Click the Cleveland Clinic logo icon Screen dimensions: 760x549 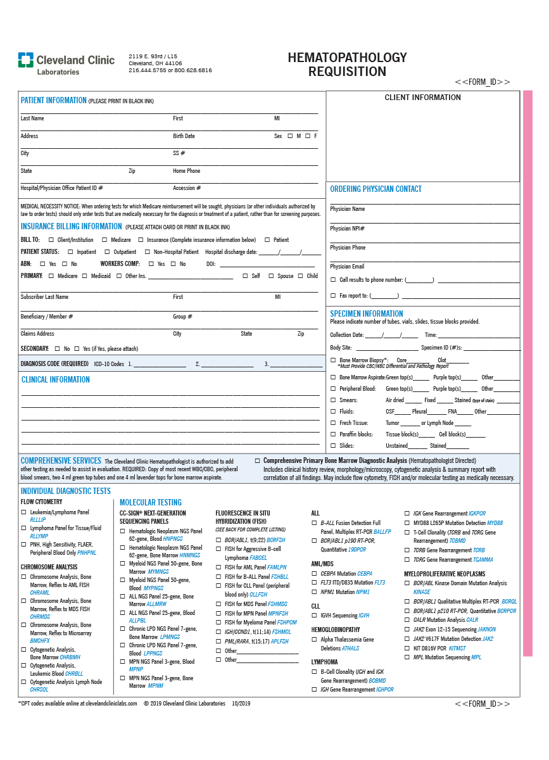[x=25, y=60]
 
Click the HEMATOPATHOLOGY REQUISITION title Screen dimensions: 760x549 [x=347, y=65]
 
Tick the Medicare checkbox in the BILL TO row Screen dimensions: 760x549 [x=105, y=240]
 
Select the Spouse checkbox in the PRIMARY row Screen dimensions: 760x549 [x=271, y=276]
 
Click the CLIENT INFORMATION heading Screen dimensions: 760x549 [x=422, y=98]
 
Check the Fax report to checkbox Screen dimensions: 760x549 [x=334, y=296]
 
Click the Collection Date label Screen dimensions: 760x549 [x=346, y=335]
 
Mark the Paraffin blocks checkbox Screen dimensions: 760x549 [x=334, y=434]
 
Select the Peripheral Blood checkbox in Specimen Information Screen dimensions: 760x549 [x=334, y=389]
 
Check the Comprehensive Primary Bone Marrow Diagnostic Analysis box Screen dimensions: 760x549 [x=258, y=461]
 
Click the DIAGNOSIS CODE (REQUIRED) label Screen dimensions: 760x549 [x=54, y=364]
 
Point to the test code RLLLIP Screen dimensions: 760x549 [x=38, y=519]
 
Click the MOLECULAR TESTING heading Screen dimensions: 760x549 [x=151, y=502]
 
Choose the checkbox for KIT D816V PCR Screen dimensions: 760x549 [x=408, y=649]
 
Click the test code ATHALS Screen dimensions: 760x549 [x=350, y=649]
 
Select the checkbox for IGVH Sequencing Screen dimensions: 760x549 [x=315, y=616]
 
